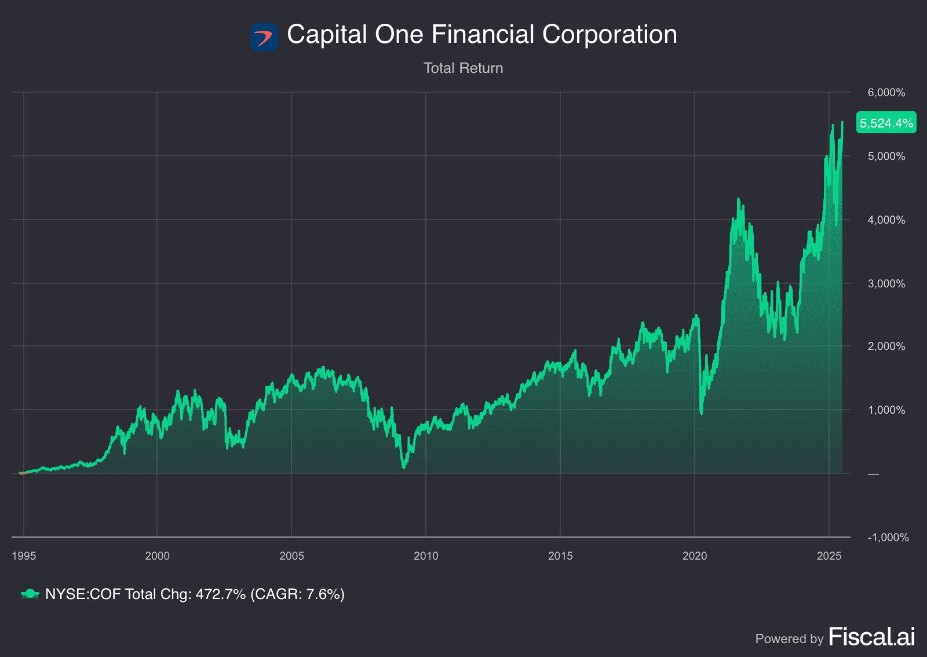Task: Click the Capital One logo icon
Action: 264,36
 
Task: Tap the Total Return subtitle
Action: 463,68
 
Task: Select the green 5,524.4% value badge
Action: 886,123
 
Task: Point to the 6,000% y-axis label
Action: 886,93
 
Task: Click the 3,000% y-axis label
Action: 886,283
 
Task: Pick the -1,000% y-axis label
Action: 888,537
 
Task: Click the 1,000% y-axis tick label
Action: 886,410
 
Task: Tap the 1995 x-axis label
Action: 24,556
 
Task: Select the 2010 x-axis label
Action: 426,556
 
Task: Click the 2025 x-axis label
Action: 829,556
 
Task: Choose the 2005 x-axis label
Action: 291,556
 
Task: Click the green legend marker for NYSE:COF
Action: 30,594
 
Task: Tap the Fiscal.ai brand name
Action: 872,637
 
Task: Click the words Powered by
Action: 789,638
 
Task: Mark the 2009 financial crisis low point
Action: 404,466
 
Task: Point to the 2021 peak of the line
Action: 738,200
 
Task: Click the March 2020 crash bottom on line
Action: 702,413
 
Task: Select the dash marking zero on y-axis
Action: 873,474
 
